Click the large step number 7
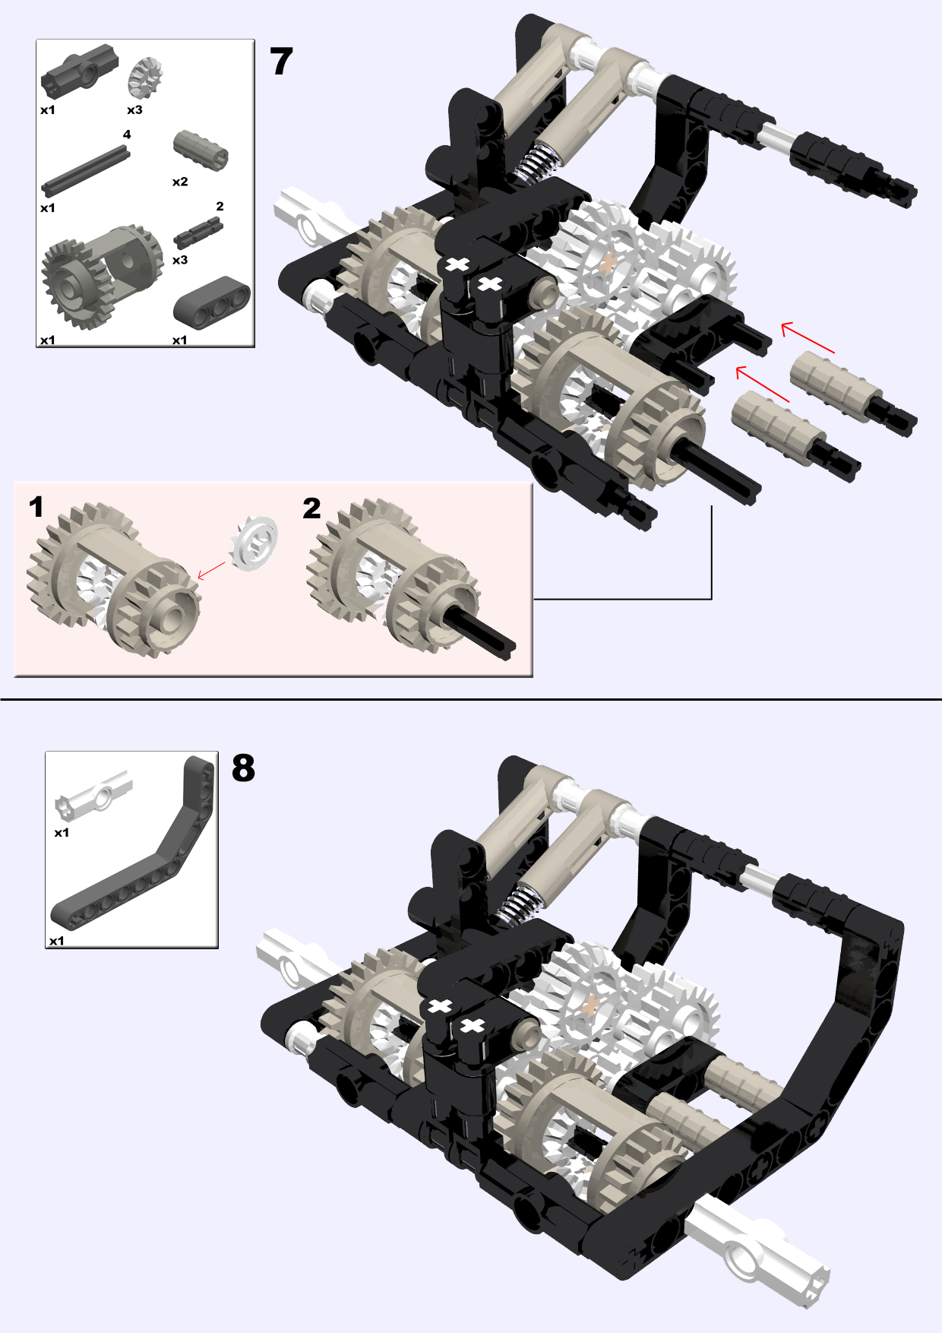pos(281,62)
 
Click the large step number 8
pos(243,768)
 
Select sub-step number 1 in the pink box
pos(36,507)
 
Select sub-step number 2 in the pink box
pos(311,508)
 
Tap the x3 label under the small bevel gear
pos(134,110)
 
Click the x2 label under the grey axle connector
pos(180,182)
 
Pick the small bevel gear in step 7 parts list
pos(145,78)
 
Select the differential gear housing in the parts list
pos(103,276)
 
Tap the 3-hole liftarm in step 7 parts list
pos(212,302)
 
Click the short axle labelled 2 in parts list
pos(198,233)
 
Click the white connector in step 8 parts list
pos(93,795)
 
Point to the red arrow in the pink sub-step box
pos(212,570)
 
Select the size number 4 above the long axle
pos(127,135)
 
